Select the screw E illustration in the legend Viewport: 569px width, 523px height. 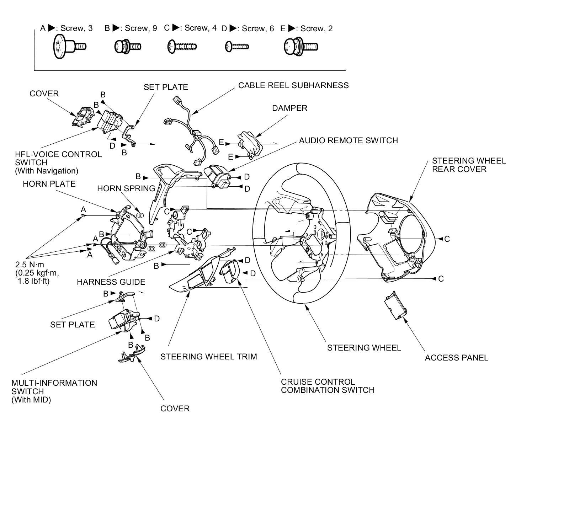(x=301, y=47)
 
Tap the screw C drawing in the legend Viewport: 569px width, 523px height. (x=182, y=47)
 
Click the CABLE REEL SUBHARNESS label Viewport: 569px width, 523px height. (x=293, y=85)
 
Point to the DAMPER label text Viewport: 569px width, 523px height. (x=289, y=108)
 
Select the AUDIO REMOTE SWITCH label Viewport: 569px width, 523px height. (x=348, y=140)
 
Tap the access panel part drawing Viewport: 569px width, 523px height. (x=395, y=304)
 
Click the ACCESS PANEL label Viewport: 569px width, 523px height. (x=456, y=358)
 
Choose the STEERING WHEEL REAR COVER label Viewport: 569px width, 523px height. (x=469, y=165)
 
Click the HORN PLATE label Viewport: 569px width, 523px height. (x=49, y=184)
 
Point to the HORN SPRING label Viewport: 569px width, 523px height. (x=126, y=188)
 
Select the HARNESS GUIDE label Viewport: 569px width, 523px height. (x=111, y=282)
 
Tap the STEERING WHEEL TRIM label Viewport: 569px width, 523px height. (x=208, y=357)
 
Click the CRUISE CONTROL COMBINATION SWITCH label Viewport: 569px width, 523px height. (x=328, y=386)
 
